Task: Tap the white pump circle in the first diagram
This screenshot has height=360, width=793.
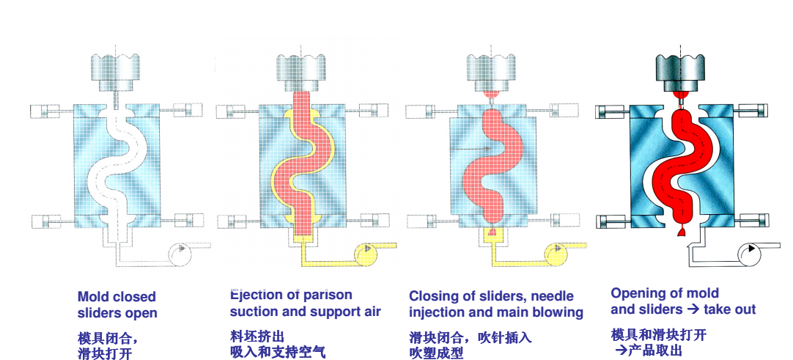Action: click(180, 254)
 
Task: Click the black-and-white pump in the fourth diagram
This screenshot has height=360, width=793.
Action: click(749, 254)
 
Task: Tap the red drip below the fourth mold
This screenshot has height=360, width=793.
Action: click(682, 232)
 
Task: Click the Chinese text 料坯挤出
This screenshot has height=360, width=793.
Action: click(257, 337)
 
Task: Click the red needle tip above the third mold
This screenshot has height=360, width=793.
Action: click(491, 95)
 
